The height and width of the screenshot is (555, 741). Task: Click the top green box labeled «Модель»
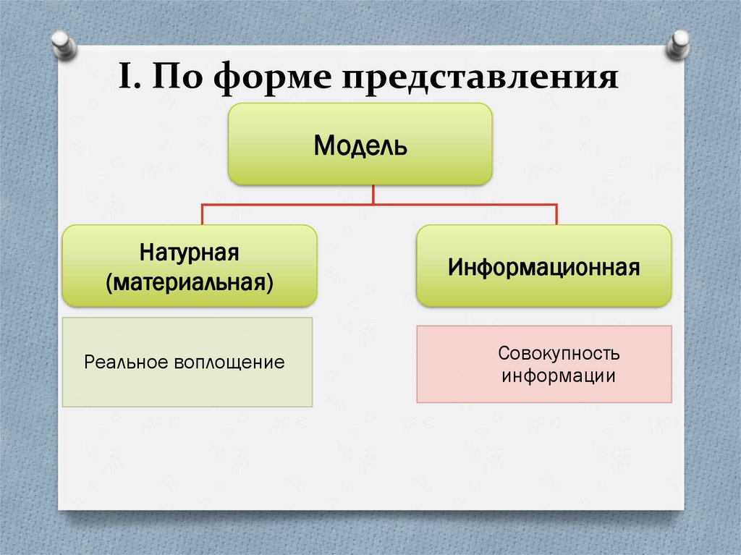coord(360,144)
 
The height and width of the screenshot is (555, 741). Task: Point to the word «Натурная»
coord(189,254)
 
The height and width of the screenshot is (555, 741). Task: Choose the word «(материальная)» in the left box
coord(189,281)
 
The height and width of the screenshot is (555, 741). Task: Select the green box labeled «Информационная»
coord(543,266)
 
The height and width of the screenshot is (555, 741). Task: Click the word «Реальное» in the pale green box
coord(124,362)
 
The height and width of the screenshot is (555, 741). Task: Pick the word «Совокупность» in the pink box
coord(549,355)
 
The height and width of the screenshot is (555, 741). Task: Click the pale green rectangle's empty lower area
coord(187,391)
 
